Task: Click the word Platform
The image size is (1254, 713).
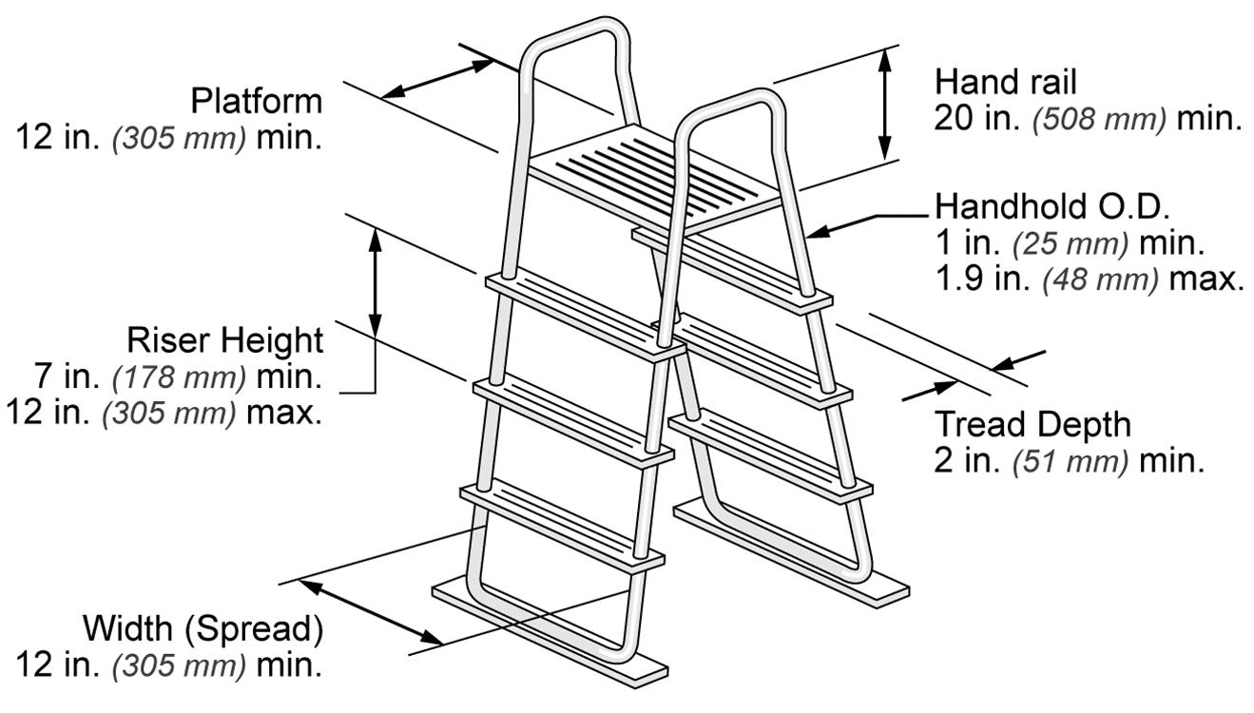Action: (256, 100)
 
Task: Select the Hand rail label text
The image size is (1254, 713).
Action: (1006, 82)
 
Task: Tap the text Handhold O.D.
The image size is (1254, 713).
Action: (1052, 205)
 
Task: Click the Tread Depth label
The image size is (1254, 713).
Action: (1033, 424)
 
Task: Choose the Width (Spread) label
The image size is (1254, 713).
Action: (203, 628)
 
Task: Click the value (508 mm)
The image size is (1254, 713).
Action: (1099, 120)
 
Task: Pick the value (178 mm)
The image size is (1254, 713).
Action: (179, 377)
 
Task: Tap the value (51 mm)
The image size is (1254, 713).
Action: (1070, 462)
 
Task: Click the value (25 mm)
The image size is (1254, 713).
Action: (1070, 242)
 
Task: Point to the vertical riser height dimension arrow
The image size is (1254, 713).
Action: (376, 282)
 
